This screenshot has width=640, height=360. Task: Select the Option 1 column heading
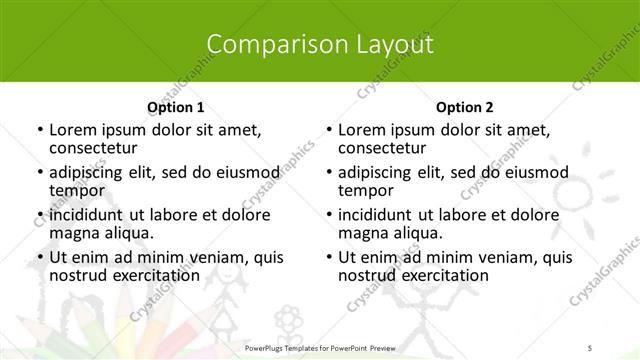click(x=175, y=107)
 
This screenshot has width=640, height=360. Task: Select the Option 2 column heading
click(x=465, y=107)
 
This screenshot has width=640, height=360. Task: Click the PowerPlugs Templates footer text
click(x=320, y=346)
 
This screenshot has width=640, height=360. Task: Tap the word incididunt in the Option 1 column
click(x=87, y=214)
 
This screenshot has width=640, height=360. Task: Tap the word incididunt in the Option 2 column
click(x=376, y=214)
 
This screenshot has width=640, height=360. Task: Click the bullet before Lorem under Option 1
click(x=39, y=130)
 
